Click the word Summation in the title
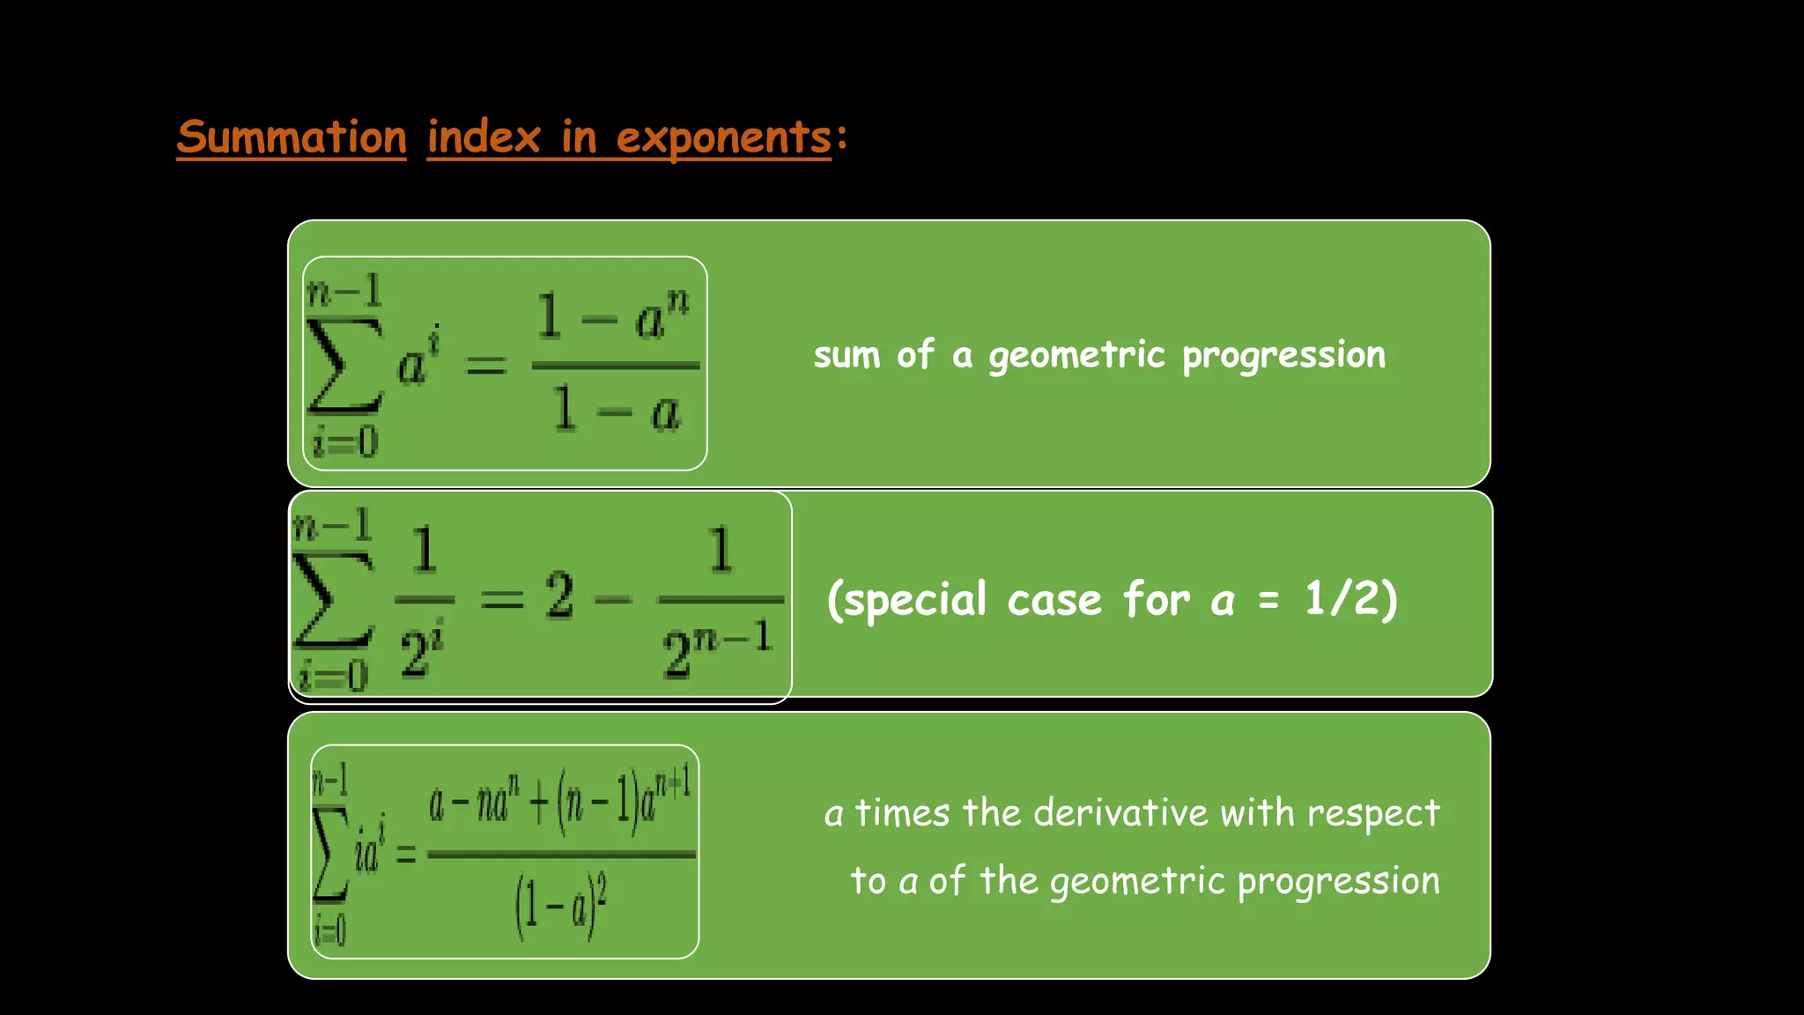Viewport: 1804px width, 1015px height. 292,137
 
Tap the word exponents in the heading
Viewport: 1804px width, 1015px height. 723,137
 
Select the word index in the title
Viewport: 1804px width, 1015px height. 484,137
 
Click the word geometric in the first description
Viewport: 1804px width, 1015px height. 1076,355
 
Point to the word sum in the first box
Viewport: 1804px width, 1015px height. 847,355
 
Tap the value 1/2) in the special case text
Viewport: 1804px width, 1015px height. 1351,599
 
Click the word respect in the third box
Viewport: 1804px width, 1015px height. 1373,813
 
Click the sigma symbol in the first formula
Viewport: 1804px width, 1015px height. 344,366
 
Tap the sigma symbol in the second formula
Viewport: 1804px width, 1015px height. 333,599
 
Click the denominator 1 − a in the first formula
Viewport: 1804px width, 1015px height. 617,411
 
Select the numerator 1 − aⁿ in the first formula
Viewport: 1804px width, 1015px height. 613,315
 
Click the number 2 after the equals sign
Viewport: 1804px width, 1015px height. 559,596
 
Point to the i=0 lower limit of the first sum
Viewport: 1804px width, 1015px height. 345,441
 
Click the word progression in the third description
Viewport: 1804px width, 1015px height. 1338,881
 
